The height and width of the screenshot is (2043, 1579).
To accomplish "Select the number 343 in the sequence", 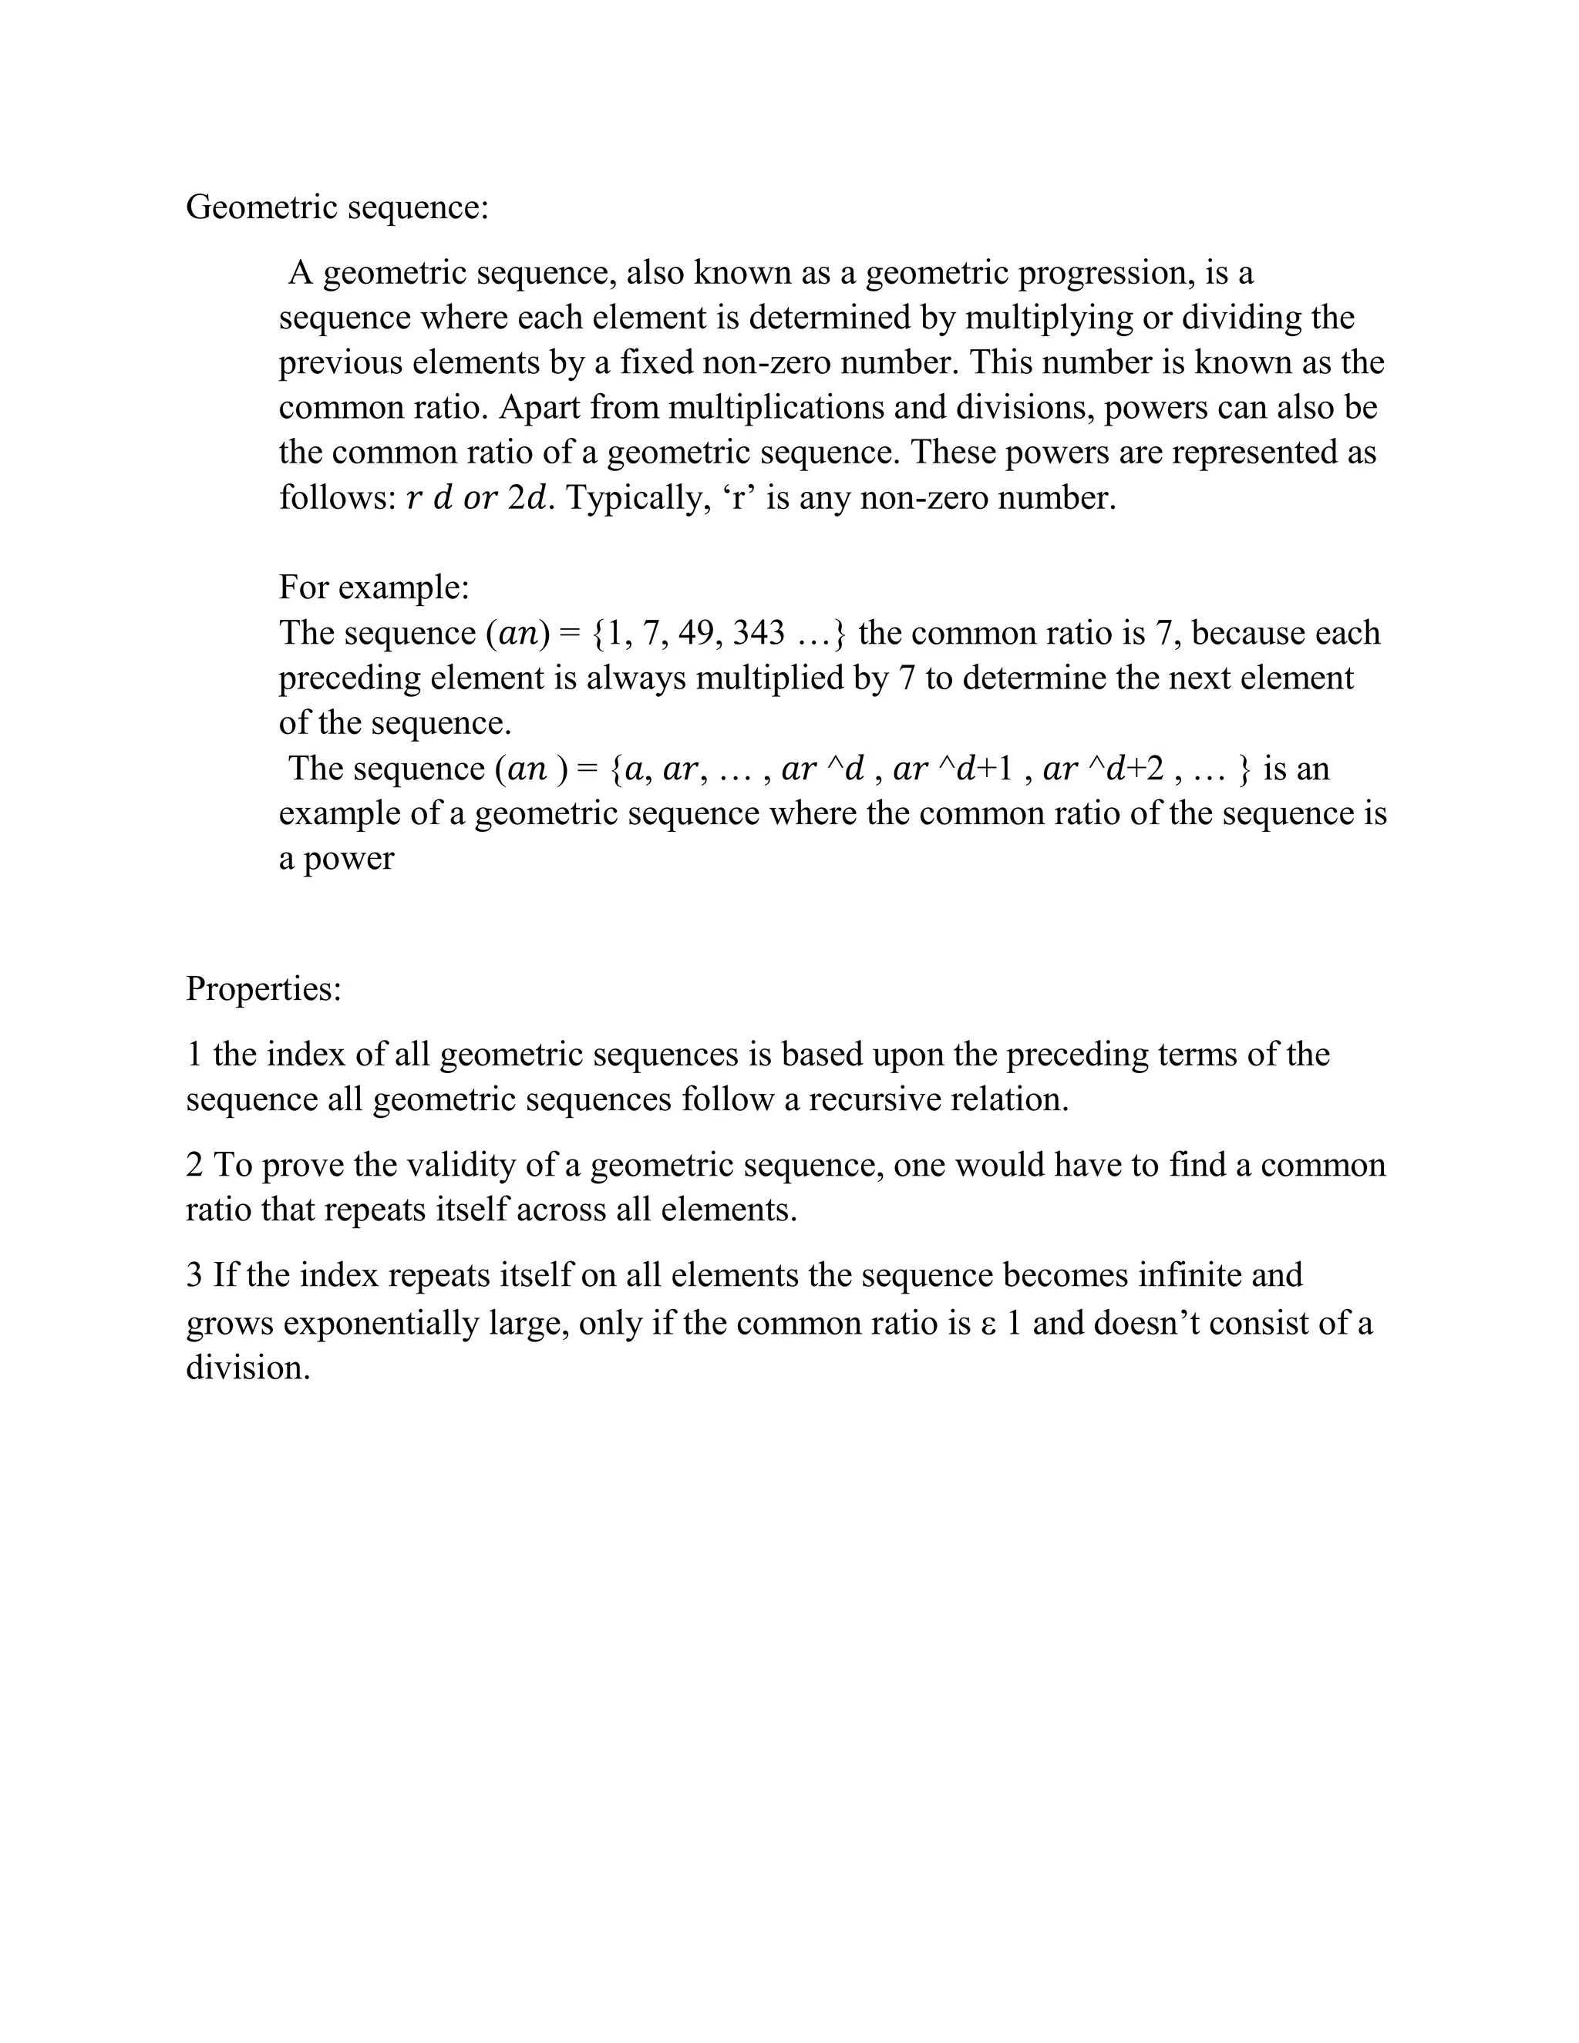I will pyautogui.click(x=759, y=633).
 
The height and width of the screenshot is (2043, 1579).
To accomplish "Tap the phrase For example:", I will pyautogui.click(x=374, y=587).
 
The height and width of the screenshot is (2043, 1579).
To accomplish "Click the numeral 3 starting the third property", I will pyautogui.click(x=194, y=1276).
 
